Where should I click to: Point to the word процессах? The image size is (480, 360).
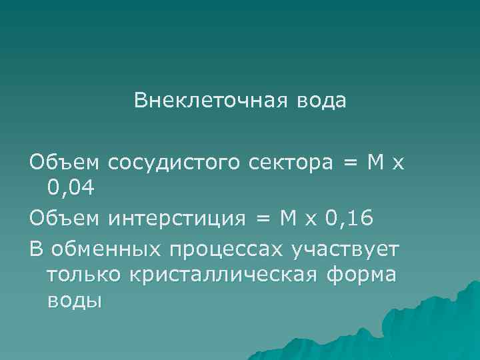(x=226, y=250)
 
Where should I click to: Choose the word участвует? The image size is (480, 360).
(x=345, y=250)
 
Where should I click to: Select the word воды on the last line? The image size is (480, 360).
(x=75, y=301)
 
